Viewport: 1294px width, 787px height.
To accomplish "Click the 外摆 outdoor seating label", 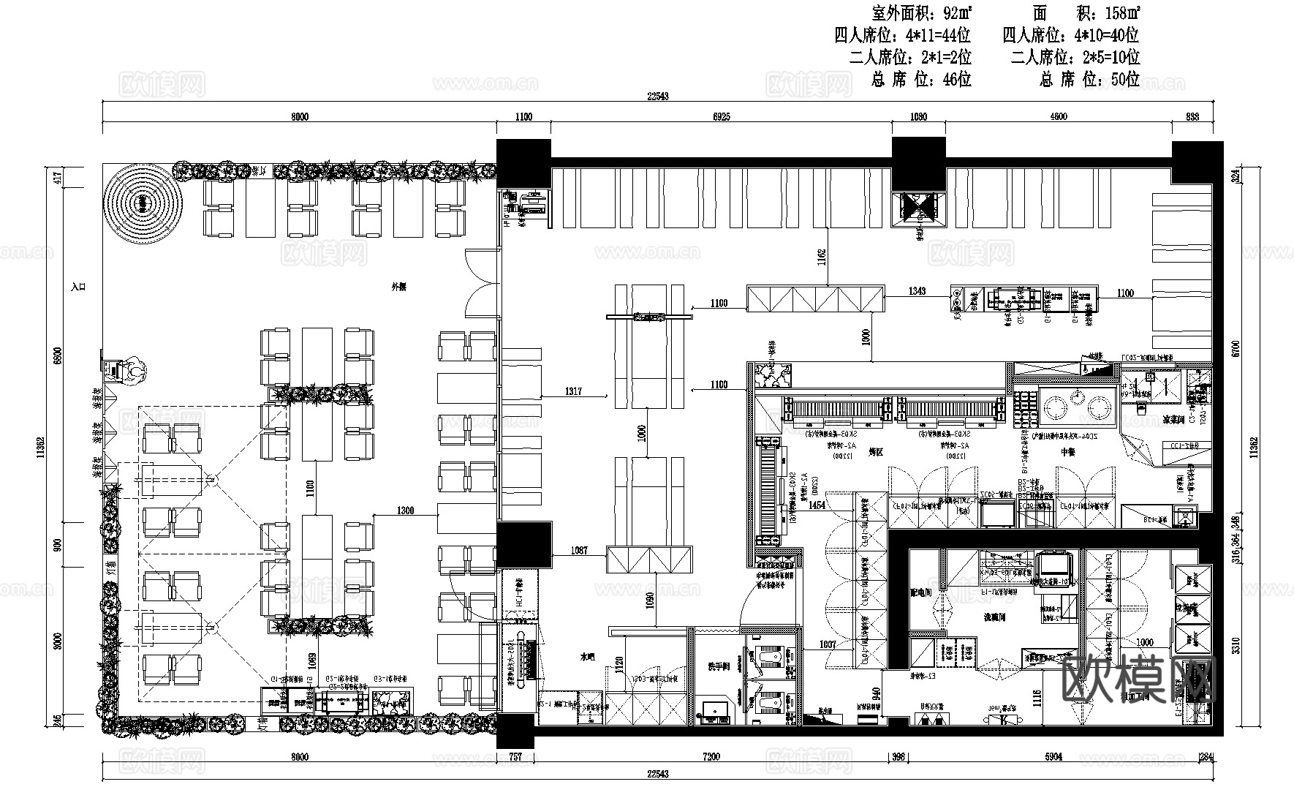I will (398, 287).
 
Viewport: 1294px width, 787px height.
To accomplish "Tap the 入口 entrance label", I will (79, 287).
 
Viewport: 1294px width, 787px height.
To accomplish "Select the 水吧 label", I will (587, 658).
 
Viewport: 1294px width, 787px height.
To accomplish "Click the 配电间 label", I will (921, 592).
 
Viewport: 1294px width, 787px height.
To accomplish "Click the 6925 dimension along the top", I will (720, 116).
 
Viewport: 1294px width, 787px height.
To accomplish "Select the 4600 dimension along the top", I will (1058, 116).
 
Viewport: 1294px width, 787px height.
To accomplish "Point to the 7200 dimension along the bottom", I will (711, 757).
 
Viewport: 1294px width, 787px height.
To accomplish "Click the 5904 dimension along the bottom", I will (1053, 757).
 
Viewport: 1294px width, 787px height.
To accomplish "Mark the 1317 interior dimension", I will (573, 391).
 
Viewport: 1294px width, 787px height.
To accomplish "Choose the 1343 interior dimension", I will (917, 290).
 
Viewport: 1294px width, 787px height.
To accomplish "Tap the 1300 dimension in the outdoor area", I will (404, 511).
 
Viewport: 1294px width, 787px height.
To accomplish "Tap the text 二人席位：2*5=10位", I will (1075, 57).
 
